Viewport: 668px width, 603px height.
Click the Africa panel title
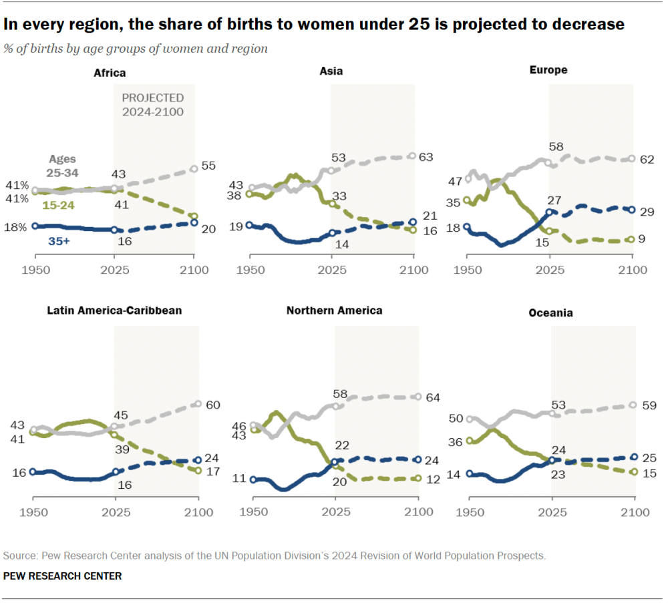click(x=110, y=72)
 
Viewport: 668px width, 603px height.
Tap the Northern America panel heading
click(x=334, y=311)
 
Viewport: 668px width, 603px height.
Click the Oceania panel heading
click(x=550, y=313)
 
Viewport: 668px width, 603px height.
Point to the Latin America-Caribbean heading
click(x=114, y=311)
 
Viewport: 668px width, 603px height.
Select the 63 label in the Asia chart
click(x=427, y=157)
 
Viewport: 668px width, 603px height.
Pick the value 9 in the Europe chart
click(x=641, y=238)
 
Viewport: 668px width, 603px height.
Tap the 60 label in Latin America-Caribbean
click(x=214, y=405)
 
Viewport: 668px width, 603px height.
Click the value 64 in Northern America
click(x=433, y=398)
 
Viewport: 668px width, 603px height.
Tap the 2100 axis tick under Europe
click(x=632, y=270)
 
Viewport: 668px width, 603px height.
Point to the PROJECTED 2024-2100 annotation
click(x=152, y=105)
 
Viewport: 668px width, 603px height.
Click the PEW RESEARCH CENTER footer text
click(x=63, y=576)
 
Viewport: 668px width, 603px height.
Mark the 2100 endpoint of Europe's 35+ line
click(x=631, y=210)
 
